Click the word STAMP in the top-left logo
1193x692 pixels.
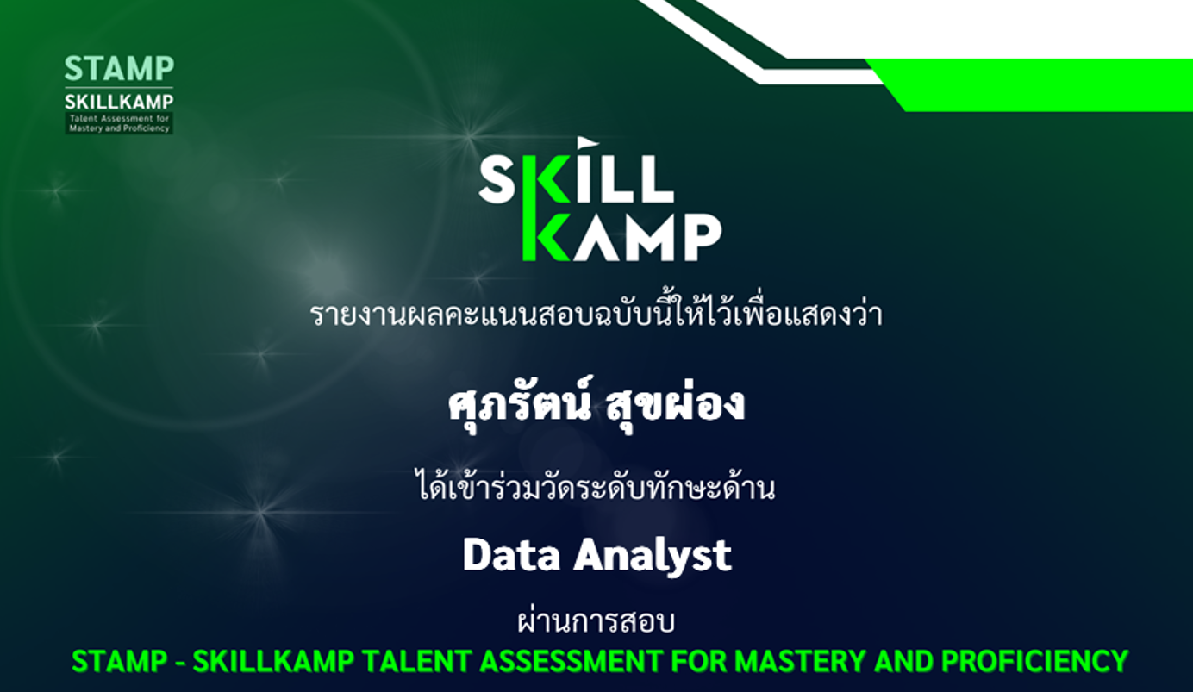119,69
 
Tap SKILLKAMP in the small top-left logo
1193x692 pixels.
119,101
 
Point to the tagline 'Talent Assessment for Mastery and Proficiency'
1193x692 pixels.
119,123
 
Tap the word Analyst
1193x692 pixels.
653,557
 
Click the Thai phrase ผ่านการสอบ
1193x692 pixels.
596,620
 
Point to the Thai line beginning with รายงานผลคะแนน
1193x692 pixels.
596,313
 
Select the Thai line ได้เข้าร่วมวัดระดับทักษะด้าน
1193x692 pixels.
596,485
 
